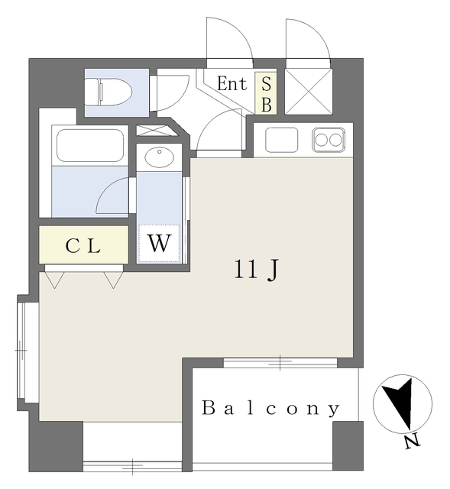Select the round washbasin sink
[159, 158]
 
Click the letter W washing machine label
[158, 244]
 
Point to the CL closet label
[83, 246]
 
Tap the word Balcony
[270, 409]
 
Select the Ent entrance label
[231, 83]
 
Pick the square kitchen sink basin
[281, 140]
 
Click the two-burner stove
[329, 140]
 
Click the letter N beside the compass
[412, 442]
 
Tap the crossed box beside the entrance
[307, 91]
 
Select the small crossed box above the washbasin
[158, 130]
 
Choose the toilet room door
[170, 92]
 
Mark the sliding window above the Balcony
[280, 362]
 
